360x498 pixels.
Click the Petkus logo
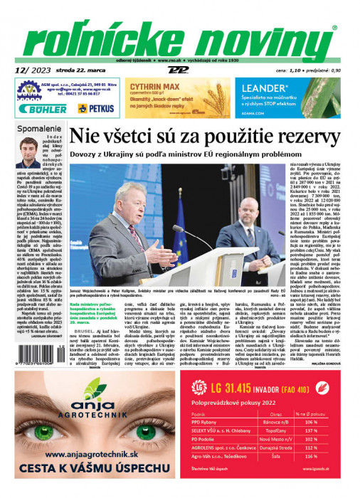pyautogui.click(x=96, y=108)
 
